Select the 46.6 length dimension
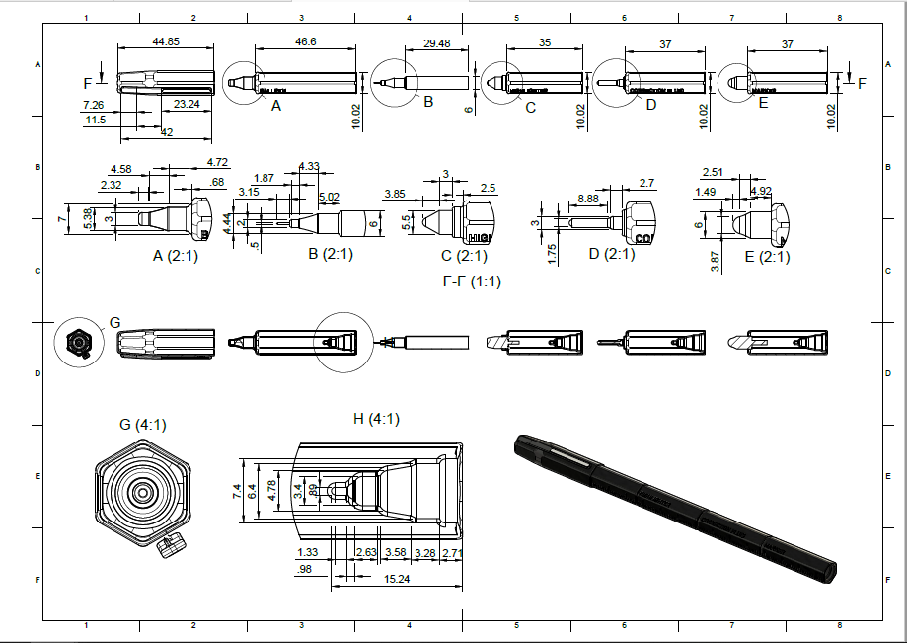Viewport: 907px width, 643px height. [306, 41]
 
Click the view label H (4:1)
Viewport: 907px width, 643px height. [376, 419]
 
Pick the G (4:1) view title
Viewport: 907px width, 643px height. [143, 425]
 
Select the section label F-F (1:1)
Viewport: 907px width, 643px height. [472, 281]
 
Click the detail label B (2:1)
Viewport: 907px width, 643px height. [331, 254]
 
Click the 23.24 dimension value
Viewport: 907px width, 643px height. [186, 103]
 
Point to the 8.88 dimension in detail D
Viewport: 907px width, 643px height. [588, 199]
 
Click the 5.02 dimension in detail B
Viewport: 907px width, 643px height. [329, 197]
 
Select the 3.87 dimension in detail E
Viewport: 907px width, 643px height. [715, 261]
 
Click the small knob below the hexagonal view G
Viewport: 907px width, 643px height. [174, 544]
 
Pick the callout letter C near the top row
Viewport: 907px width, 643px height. [530, 107]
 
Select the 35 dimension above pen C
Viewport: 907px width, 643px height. [546, 42]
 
